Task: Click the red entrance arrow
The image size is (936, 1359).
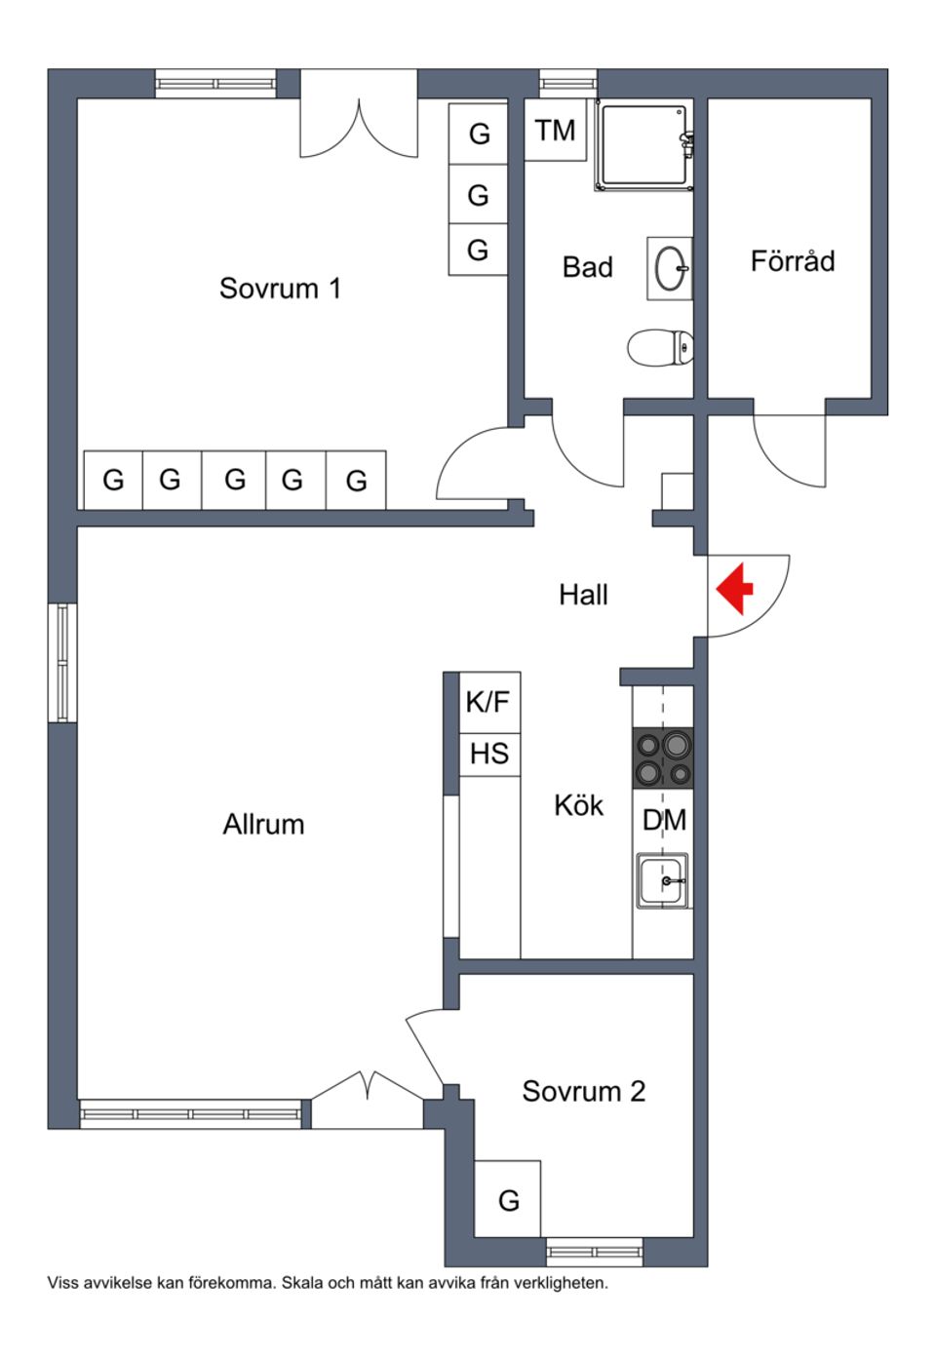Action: pos(735,589)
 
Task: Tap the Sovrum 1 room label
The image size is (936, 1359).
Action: pos(280,289)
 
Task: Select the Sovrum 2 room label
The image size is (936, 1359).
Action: pos(583,1091)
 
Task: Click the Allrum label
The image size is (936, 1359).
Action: pos(263,825)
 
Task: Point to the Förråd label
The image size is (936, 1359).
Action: pos(792,261)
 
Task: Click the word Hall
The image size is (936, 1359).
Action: pos(583,595)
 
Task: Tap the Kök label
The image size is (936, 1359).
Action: pos(578,805)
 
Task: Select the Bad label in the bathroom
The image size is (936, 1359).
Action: pos(587,267)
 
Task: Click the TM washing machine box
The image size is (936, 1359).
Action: pos(555,130)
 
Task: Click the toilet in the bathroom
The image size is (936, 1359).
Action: pos(660,347)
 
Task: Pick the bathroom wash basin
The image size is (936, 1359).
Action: pos(670,268)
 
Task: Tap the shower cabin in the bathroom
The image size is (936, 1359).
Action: pos(644,145)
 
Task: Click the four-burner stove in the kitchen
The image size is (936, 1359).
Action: pos(663,758)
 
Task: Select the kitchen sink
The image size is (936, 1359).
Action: pos(663,879)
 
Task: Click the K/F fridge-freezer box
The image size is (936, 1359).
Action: pos(488,702)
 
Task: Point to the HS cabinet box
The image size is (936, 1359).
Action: pos(488,755)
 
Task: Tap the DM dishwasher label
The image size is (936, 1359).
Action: pos(663,820)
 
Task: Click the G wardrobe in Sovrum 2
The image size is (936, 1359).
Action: pos(508,1199)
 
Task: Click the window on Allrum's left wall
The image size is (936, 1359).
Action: pos(62,663)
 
